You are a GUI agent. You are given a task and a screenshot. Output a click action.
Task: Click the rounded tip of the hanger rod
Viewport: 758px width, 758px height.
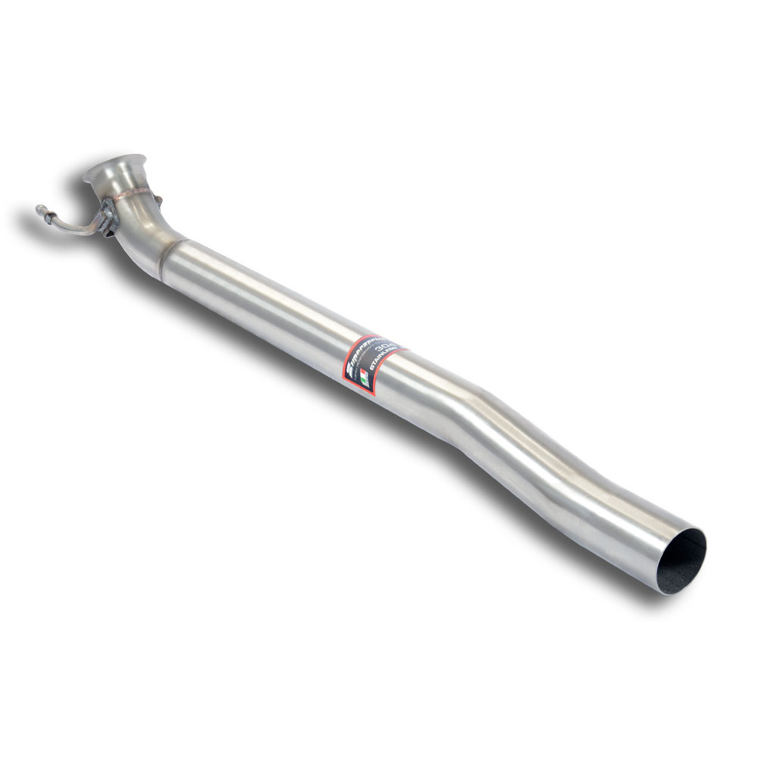(x=39, y=209)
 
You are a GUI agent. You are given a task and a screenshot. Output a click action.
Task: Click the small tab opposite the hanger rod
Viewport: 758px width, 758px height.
(x=159, y=200)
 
